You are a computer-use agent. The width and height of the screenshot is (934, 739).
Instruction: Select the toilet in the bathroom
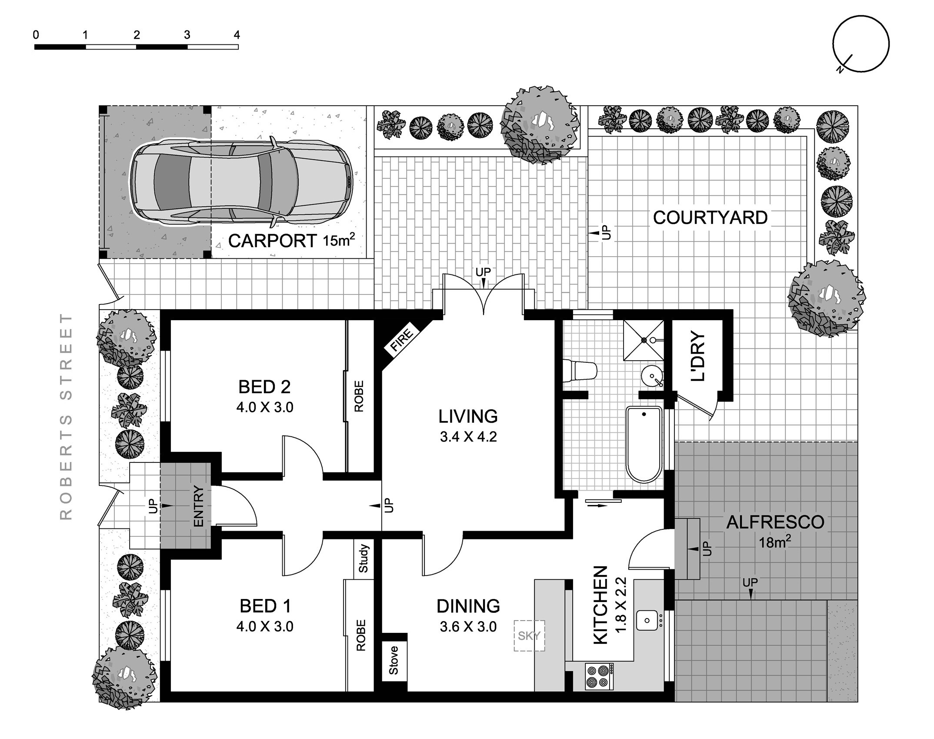(x=580, y=371)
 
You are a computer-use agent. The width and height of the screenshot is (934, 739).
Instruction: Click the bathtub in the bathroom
(x=644, y=444)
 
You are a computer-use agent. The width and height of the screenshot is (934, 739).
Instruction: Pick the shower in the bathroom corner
(x=644, y=341)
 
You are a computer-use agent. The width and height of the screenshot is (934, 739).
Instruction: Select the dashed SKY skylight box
(x=529, y=635)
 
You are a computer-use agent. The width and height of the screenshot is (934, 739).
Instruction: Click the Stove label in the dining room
(x=394, y=660)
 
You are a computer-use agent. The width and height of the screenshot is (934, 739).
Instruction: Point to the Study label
(x=364, y=558)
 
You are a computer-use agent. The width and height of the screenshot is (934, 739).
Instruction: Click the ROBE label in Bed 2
(x=359, y=396)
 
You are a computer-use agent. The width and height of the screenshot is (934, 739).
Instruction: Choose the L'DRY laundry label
(x=698, y=356)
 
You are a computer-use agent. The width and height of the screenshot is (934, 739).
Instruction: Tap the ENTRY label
(x=198, y=506)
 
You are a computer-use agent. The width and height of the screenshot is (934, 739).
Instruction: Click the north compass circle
(x=861, y=43)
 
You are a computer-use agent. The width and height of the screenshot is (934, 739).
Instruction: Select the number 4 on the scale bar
(x=237, y=35)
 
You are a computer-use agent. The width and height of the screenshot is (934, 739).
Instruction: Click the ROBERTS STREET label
(x=66, y=416)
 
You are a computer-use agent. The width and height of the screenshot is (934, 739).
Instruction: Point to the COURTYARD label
(x=711, y=217)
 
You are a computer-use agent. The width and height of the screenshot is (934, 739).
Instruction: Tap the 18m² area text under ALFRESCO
(x=774, y=542)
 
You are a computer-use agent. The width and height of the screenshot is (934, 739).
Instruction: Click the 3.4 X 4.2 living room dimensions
(x=468, y=436)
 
